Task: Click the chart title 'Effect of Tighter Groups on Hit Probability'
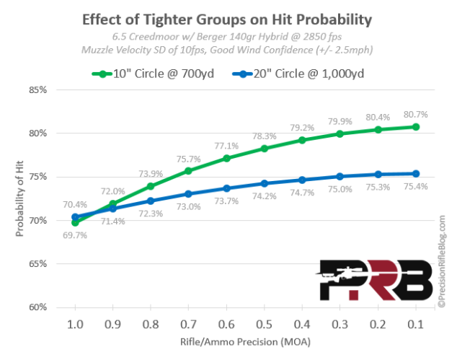click(227, 19)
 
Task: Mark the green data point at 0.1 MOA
click(415, 127)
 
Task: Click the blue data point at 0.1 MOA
click(415, 173)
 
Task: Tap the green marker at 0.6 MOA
click(226, 158)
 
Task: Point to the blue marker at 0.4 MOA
click(302, 180)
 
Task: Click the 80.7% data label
click(414, 113)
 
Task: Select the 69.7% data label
click(75, 235)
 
